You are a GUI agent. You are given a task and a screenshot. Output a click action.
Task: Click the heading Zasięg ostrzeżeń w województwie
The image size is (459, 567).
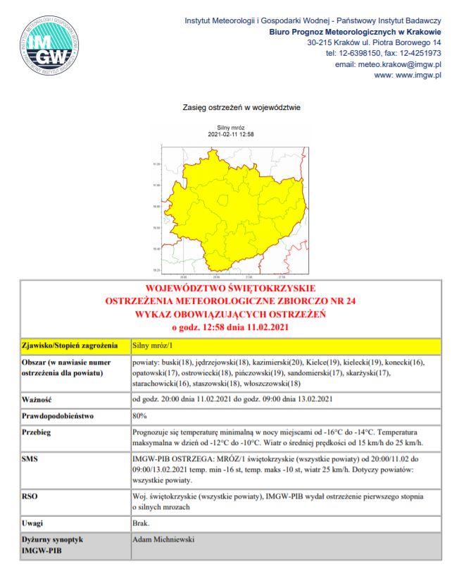point(241,108)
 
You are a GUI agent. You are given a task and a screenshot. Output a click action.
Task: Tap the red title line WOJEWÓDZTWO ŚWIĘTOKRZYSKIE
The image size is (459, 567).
point(230,289)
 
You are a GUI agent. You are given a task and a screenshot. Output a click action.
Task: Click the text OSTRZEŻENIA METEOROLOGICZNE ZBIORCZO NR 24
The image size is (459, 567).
point(230,301)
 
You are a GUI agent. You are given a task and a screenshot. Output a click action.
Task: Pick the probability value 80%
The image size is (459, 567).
point(139,415)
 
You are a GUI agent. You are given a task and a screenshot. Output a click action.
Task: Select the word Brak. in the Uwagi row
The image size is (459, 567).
point(142,523)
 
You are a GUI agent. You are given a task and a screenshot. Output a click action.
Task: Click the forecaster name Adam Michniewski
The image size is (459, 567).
point(163,539)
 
